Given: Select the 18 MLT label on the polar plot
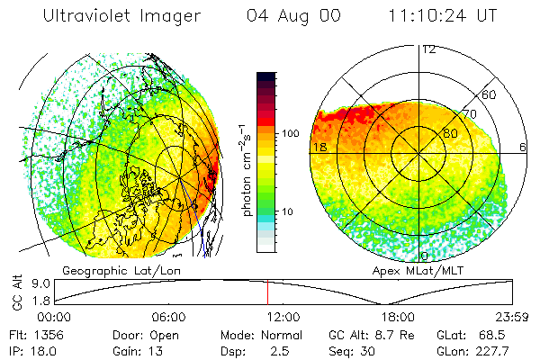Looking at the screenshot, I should pos(318,146).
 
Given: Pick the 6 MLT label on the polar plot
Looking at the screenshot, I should pos(523,146).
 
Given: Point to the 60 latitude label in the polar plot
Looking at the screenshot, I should pos(490,94).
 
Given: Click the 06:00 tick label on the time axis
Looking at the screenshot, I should pos(169,317).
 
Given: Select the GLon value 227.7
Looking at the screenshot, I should pos(495,350).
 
